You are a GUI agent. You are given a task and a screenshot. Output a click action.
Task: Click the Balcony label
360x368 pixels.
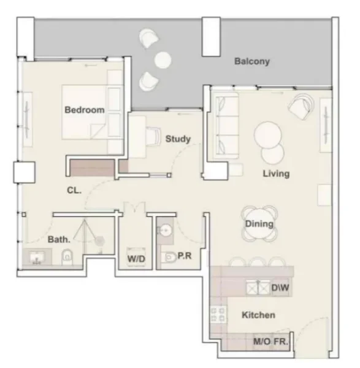(252, 62)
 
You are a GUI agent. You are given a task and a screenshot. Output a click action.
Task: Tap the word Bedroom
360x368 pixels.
(85, 110)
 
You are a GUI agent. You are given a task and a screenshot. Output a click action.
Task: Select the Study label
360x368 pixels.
(178, 139)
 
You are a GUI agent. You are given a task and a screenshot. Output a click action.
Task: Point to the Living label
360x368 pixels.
(275, 174)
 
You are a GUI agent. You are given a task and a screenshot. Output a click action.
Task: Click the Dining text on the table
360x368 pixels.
(259, 224)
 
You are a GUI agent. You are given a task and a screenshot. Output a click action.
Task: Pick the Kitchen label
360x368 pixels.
(258, 315)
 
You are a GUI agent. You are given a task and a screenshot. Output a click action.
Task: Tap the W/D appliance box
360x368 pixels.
(136, 259)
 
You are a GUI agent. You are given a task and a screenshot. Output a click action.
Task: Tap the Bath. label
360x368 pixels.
(58, 240)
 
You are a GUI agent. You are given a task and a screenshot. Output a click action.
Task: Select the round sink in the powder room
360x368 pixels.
(165, 231)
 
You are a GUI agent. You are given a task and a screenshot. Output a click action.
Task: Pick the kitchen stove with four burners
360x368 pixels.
(217, 315)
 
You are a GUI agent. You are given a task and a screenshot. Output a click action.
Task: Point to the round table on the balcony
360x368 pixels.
(163, 59)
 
